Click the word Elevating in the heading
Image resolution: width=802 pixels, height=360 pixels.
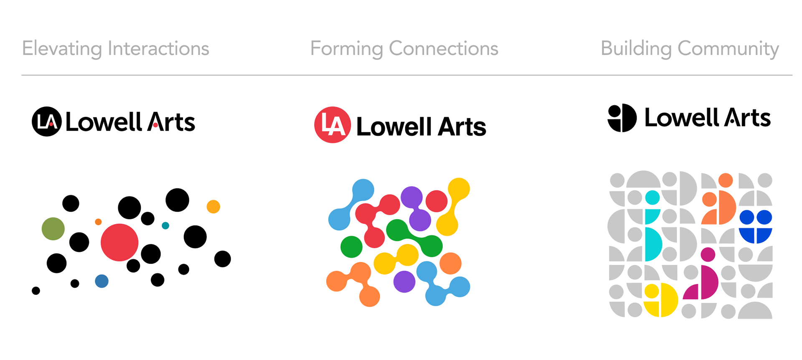click(x=62, y=48)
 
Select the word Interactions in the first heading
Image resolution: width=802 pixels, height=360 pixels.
click(x=158, y=48)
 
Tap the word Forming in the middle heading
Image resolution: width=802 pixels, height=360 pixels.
click(x=346, y=48)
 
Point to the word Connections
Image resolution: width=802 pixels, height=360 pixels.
click(x=444, y=48)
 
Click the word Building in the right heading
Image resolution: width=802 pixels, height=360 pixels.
click(x=636, y=48)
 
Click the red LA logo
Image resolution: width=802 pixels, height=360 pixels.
click(x=332, y=125)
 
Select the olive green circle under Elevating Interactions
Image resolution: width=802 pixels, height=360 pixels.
click(x=53, y=228)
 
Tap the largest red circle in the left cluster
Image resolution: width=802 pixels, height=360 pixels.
click(x=119, y=242)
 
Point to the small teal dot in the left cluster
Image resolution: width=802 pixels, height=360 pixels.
click(x=165, y=226)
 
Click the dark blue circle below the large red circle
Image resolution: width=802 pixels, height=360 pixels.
click(x=102, y=281)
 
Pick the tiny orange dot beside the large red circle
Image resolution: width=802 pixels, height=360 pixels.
click(x=98, y=222)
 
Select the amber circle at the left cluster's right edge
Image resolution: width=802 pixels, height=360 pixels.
click(x=213, y=207)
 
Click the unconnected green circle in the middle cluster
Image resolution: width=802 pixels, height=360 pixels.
click(x=351, y=247)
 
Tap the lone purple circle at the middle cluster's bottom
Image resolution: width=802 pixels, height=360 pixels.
click(x=404, y=281)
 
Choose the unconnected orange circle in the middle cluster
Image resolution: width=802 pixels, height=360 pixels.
click(x=450, y=263)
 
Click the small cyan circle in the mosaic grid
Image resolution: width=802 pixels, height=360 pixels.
click(x=652, y=198)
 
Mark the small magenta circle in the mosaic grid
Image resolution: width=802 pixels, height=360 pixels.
click(x=708, y=254)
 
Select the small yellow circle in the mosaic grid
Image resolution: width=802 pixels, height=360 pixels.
click(x=651, y=291)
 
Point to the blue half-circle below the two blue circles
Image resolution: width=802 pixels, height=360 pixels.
click(x=756, y=235)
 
